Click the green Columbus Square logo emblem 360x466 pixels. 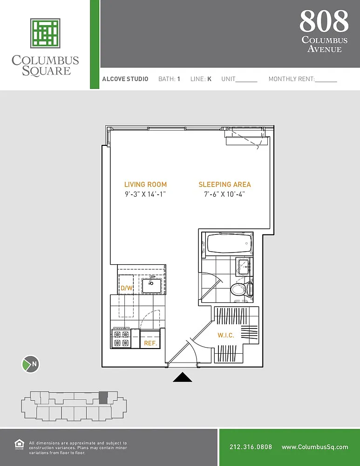pyautogui.click(x=45, y=33)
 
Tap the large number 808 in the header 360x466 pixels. pyautogui.click(x=324, y=21)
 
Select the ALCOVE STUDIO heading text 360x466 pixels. pyautogui.click(x=125, y=79)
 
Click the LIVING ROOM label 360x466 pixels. pyautogui.click(x=146, y=185)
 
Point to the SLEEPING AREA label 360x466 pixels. pyautogui.click(x=225, y=185)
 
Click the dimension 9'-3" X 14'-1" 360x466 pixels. pyautogui.click(x=145, y=194)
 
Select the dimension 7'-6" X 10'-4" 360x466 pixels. pyautogui.click(x=224, y=194)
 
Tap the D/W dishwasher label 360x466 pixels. pyautogui.click(x=127, y=288)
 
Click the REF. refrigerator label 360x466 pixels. pyautogui.click(x=150, y=343)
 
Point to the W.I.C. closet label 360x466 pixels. pyautogui.click(x=226, y=335)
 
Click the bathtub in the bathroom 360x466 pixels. pyautogui.click(x=229, y=244)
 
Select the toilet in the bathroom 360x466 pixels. pyautogui.click(x=242, y=289)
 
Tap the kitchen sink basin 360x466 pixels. pyautogui.click(x=151, y=286)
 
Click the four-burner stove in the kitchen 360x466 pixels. pyautogui.click(x=121, y=338)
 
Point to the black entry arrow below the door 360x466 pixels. pyautogui.click(x=183, y=377)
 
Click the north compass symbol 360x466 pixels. pyautogui.click(x=31, y=364)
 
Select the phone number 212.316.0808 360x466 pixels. pyautogui.click(x=251, y=447)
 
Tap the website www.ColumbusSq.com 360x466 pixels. pyautogui.click(x=315, y=447)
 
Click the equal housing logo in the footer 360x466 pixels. pyautogui.click(x=19, y=445)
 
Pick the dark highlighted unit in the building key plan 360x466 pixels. pyautogui.click(x=103, y=397)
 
